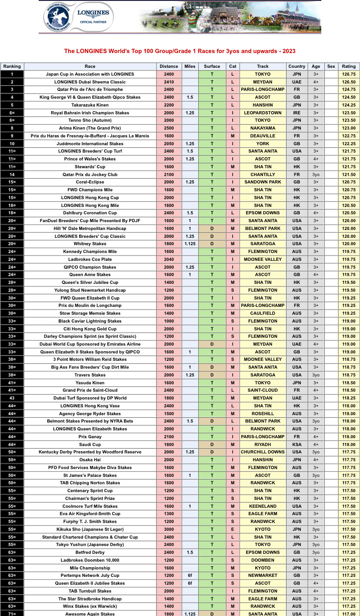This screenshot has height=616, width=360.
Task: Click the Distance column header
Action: tap(169, 67)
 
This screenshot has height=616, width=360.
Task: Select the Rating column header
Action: tap(349, 67)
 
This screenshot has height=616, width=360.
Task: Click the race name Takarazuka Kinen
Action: tap(90, 105)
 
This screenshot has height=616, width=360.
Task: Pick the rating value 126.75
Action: tap(349, 74)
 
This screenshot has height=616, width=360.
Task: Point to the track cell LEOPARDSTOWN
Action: tap(263, 113)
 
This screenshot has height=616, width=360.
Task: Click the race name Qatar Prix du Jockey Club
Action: tap(90, 175)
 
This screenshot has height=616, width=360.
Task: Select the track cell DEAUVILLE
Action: tap(263, 136)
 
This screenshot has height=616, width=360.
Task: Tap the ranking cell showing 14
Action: tap(12, 175)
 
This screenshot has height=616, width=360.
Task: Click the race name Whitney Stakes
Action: tap(90, 244)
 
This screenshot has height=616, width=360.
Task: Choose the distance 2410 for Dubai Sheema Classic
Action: tap(169, 82)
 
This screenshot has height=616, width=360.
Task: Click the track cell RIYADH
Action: tap(263, 445)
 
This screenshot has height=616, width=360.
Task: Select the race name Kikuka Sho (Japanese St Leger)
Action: tap(90, 529)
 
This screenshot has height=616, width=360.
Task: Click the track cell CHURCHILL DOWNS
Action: tap(263, 452)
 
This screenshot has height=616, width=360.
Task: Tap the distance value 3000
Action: tap(169, 529)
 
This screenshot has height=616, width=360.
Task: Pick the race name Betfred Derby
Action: tap(90, 553)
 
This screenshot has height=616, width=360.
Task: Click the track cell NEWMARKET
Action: tap(263, 576)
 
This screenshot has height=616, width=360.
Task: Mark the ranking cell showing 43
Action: tap(12, 398)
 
